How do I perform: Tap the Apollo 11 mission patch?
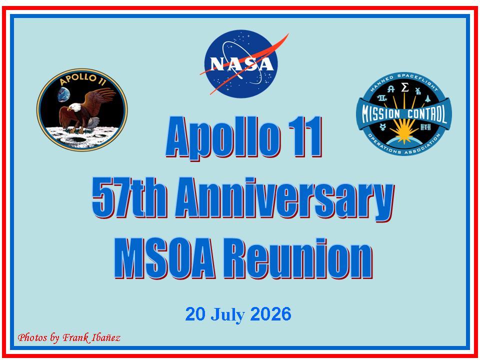click(x=82, y=109)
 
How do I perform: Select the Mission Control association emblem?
click(x=404, y=113)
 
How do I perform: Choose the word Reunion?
click(x=298, y=258)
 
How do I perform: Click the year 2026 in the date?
click(x=270, y=314)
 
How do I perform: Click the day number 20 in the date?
click(x=195, y=314)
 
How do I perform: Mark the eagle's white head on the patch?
click(x=74, y=107)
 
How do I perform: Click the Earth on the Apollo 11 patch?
click(x=63, y=94)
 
